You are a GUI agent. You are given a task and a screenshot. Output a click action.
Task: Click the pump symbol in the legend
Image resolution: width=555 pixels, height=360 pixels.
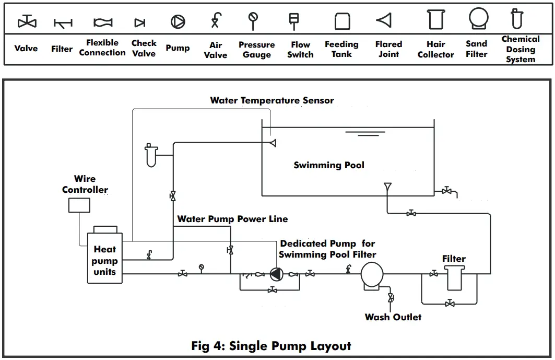point(178,21)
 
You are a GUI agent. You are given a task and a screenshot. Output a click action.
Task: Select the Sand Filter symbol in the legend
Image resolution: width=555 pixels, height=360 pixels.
point(478,19)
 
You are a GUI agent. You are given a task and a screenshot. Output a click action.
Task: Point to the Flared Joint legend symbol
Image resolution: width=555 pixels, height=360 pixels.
point(384,20)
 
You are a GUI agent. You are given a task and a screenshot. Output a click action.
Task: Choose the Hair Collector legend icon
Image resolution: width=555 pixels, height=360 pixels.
point(435,20)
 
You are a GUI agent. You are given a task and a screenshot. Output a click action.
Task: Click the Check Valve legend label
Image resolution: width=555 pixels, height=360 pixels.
point(144,48)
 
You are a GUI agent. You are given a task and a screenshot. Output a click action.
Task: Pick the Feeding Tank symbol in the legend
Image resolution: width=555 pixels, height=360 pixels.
point(342,21)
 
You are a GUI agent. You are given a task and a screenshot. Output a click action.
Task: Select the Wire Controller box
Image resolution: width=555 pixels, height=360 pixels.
point(79,204)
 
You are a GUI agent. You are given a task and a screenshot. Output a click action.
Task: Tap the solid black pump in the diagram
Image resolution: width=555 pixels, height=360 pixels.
point(275,273)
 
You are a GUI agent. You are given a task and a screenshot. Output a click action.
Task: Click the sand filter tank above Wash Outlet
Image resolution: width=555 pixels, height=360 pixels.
point(372,275)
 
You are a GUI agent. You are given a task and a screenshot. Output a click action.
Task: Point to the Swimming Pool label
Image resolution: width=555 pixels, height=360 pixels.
point(329,165)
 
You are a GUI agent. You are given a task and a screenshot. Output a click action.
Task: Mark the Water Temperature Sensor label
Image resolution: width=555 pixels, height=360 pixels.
point(272,100)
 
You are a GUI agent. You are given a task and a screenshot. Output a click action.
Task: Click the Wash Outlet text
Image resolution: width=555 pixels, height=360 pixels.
point(393,317)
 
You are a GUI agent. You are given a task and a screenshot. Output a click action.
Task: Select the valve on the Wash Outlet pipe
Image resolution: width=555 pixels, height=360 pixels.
point(390,298)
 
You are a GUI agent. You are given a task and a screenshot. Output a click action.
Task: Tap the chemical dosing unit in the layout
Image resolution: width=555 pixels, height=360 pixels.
point(151,155)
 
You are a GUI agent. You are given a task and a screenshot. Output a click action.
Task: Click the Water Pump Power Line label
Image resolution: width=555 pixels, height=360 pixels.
point(232,219)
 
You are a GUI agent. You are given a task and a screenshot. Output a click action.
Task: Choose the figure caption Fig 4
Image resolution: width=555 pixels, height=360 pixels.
point(271,346)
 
